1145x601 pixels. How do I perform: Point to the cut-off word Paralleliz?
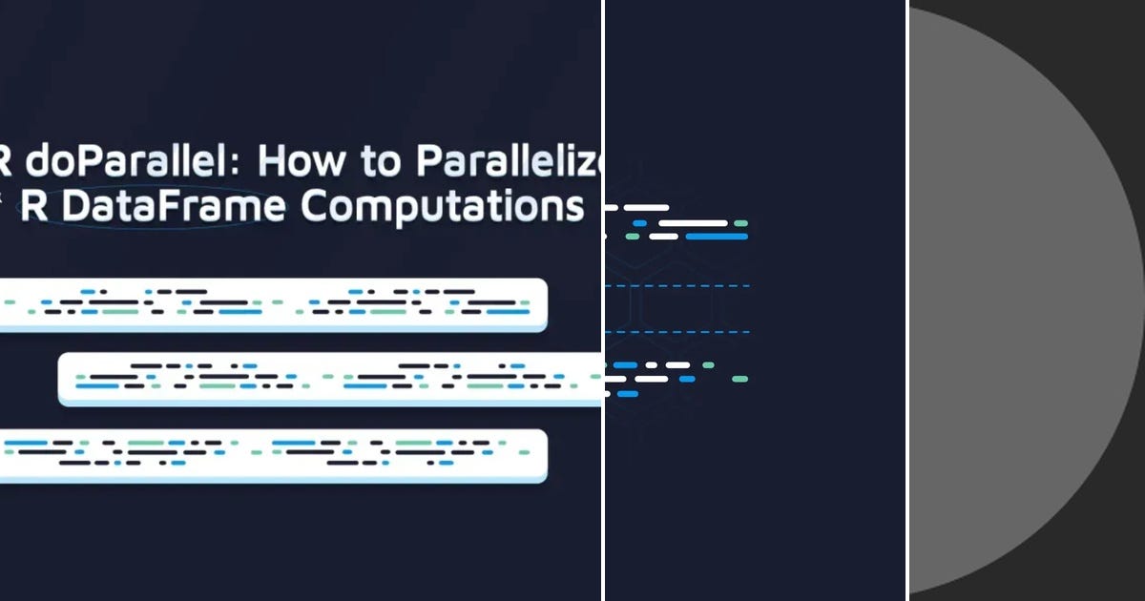pyautogui.click(x=510, y=163)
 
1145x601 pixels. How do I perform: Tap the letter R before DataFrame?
pyautogui.click(x=33, y=207)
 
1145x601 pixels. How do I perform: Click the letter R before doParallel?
pyautogui.click(x=5, y=163)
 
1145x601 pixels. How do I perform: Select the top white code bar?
pyautogui.click(x=272, y=304)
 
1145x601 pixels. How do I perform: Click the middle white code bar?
pyautogui.click(x=329, y=379)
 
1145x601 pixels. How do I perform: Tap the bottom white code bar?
pyautogui.click(x=272, y=455)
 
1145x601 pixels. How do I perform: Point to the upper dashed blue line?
pyautogui.click(x=677, y=286)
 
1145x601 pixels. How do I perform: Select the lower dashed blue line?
pyautogui.click(x=677, y=332)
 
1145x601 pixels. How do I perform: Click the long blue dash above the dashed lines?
pyautogui.click(x=716, y=236)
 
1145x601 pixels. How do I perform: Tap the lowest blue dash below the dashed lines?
pyautogui.click(x=627, y=393)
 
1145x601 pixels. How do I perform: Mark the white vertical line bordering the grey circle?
pyautogui.click(x=906, y=300)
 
